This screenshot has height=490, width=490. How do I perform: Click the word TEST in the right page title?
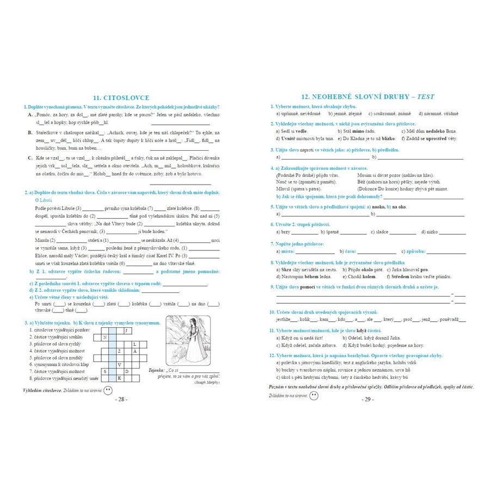coord(426,96)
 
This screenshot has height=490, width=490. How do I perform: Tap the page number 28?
coord(121,399)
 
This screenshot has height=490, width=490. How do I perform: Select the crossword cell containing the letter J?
coord(127,330)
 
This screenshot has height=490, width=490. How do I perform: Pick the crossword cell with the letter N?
coord(105,337)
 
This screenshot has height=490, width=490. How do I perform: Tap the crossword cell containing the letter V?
coord(120,364)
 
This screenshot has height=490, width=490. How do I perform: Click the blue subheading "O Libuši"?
coord(44,200)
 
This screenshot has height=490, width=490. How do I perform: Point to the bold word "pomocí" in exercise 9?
coord(309,286)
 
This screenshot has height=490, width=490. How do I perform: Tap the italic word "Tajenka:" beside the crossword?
coord(158,370)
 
